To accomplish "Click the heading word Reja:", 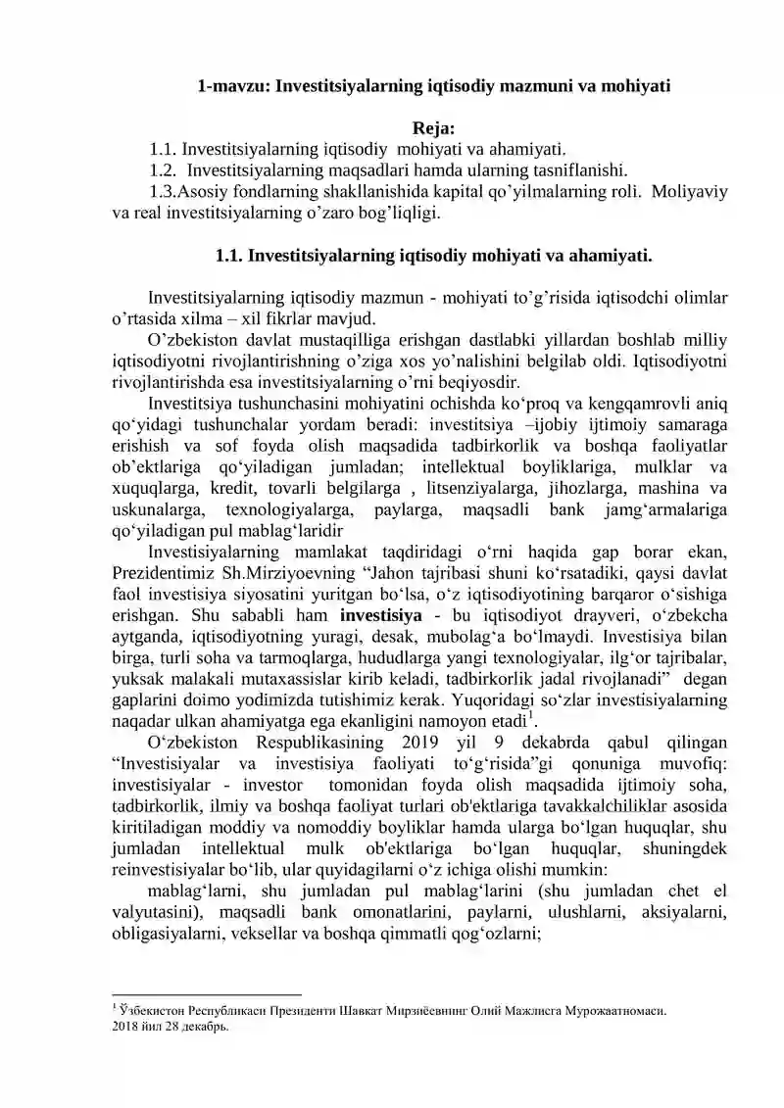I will [x=433, y=128].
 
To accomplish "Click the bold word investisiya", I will [x=380, y=616].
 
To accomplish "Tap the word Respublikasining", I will [x=320, y=744].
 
